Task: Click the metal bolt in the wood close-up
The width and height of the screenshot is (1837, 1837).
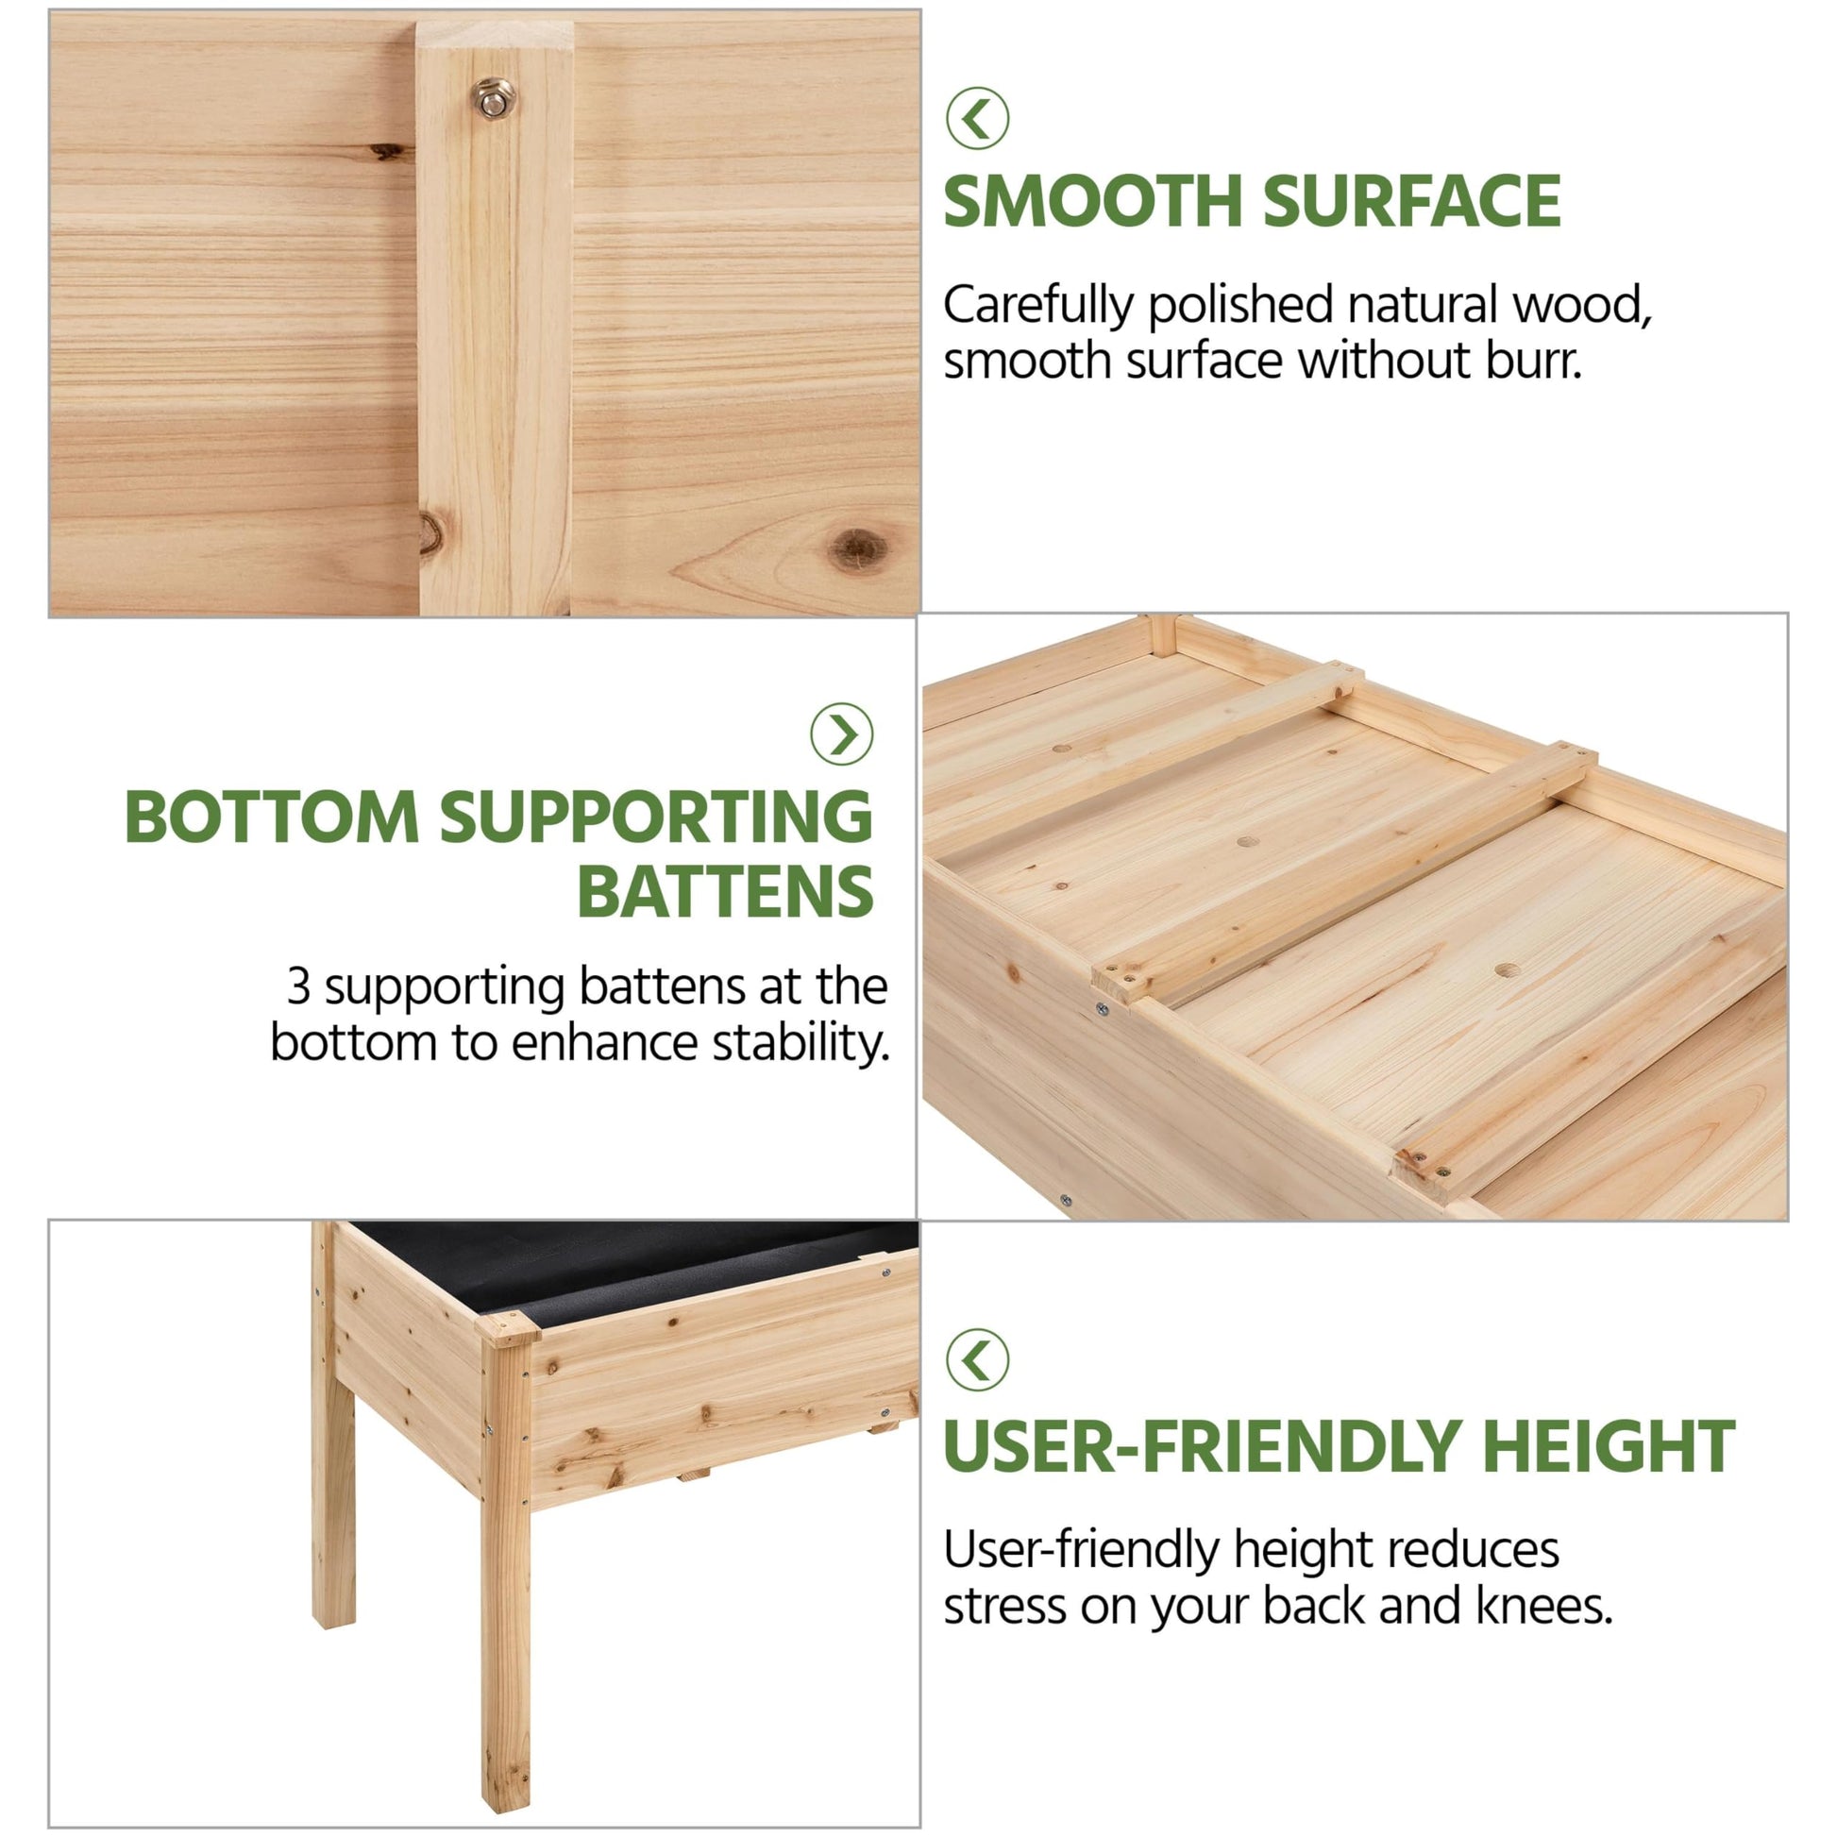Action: point(495,98)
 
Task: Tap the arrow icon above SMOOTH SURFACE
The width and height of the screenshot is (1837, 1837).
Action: point(976,118)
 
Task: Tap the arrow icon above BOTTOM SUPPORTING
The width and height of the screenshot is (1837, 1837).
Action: point(841,734)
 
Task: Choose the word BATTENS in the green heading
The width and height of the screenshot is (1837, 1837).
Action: point(725,891)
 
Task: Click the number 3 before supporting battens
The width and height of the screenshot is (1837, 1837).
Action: point(298,987)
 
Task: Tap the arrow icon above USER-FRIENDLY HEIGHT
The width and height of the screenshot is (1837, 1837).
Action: point(976,1358)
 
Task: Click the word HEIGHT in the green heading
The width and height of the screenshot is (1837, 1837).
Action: point(1609,1447)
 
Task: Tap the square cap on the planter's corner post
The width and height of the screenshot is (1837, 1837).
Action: point(507,1328)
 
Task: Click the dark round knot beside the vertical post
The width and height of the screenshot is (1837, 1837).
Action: point(859,549)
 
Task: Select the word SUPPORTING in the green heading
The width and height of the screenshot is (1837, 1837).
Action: point(656,816)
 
